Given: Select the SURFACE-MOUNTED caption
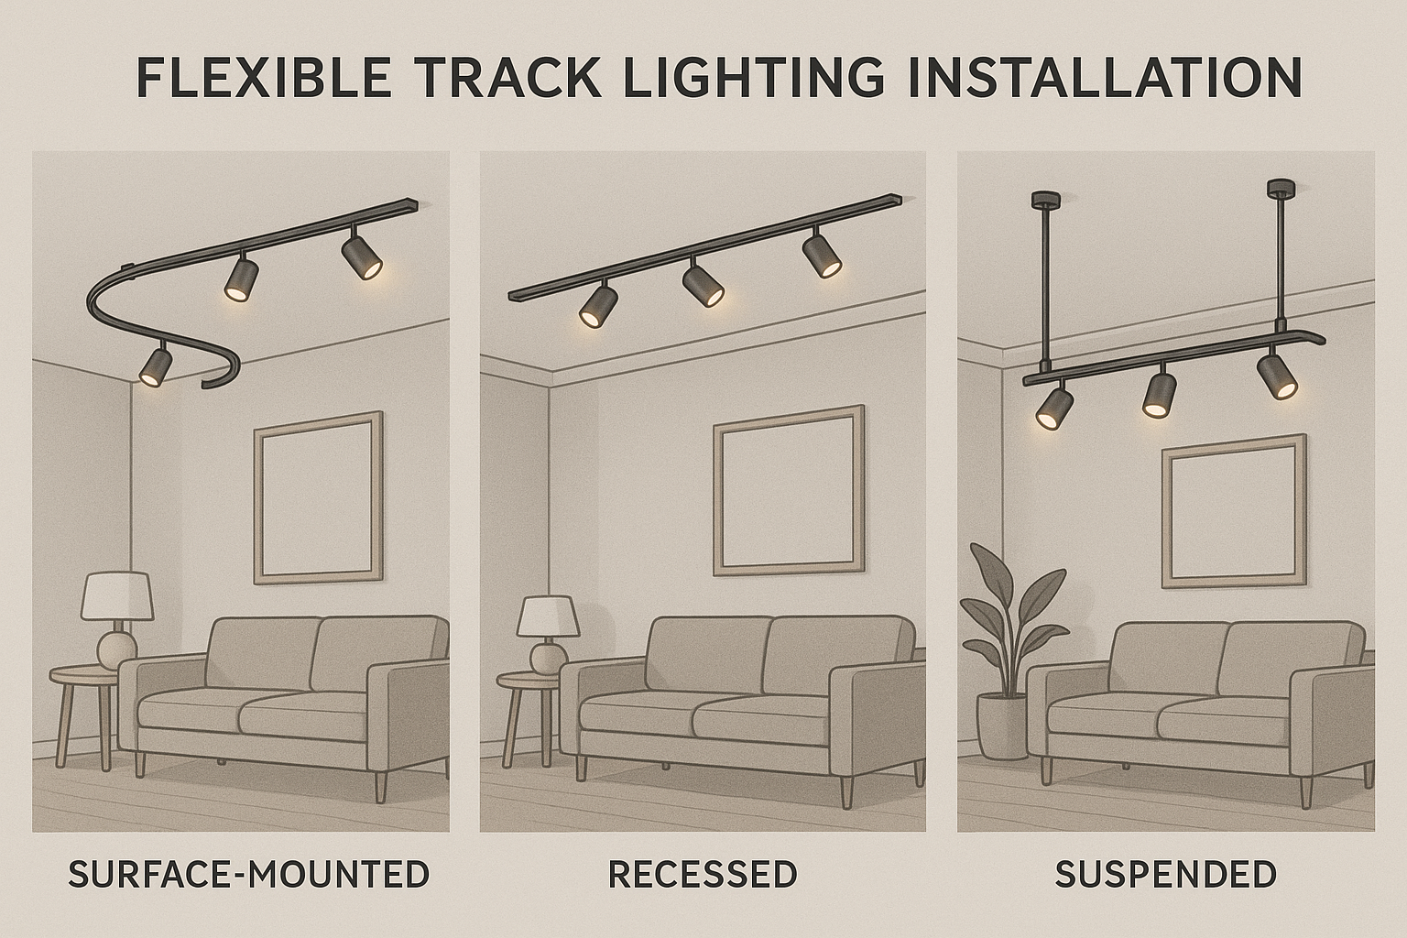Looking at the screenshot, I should click(249, 875).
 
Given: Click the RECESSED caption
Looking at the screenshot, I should click(703, 875).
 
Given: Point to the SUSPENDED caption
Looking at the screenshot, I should click(1166, 875).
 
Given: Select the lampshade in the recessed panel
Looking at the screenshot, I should click(548, 616).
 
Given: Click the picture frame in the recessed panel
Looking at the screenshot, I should click(789, 491).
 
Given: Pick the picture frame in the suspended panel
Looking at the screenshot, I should click(1234, 511).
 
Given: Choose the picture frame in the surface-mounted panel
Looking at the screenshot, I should click(318, 498).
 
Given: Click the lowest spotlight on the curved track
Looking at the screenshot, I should click(156, 365).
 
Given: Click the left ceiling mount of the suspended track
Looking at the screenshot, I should click(1042, 198).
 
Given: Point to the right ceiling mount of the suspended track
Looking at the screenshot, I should click(1278, 190).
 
